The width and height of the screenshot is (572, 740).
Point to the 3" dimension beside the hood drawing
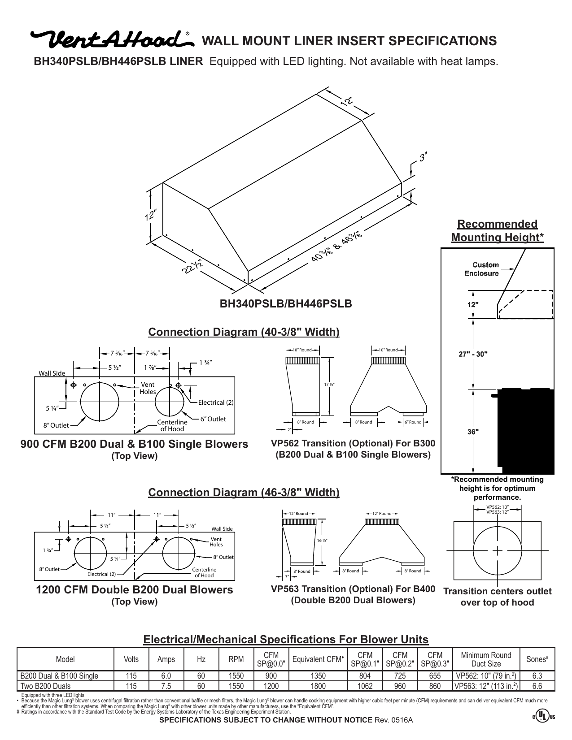coord(423,158)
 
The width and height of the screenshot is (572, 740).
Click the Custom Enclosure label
coord(481,269)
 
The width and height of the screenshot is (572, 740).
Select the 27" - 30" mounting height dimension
coord(472,353)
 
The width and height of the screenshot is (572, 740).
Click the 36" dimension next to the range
coord(473,432)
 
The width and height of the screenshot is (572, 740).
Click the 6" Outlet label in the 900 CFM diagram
coord(213,419)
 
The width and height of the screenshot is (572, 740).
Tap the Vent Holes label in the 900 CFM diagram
coord(148,388)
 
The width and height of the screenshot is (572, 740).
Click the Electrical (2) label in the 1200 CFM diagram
coord(101,574)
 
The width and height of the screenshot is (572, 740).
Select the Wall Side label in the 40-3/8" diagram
coord(52,373)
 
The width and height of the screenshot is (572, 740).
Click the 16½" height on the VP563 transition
coord(322,541)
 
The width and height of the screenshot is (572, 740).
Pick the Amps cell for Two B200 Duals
coord(166,686)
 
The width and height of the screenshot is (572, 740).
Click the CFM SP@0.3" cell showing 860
coord(435,686)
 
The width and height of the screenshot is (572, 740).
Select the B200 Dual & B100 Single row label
coord(59,676)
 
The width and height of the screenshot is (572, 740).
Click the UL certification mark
coord(544,717)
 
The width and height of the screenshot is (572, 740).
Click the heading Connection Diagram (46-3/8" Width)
coord(244,493)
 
